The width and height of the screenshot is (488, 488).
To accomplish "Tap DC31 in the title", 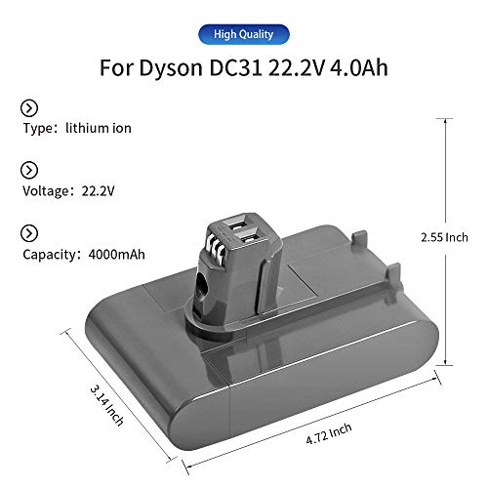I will [x=249, y=69].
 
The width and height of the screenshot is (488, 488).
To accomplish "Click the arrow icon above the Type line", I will [x=29, y=107].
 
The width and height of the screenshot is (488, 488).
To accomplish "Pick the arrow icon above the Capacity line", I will [x=29, y=232].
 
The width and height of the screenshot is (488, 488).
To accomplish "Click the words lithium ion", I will [x=99, y=128].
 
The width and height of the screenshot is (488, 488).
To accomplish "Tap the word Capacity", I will [x=48, y=255].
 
